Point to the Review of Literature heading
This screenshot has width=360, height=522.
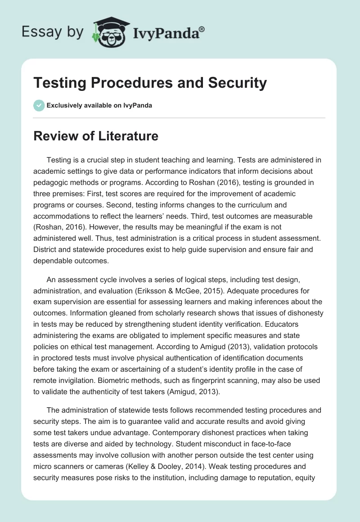pos(96,136)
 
